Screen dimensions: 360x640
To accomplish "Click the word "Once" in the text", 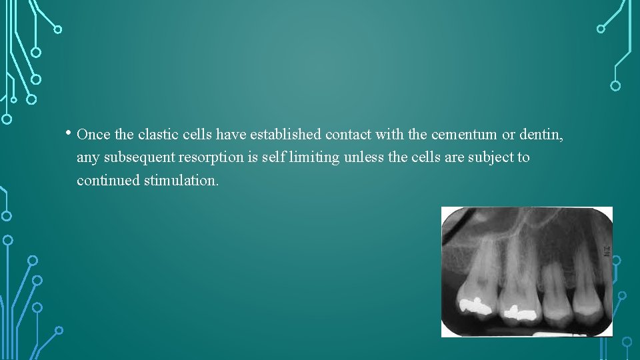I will pyautogui.click(x=94, y=135).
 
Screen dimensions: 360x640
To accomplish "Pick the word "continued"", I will pyautogui.click(x=108, y=180).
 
